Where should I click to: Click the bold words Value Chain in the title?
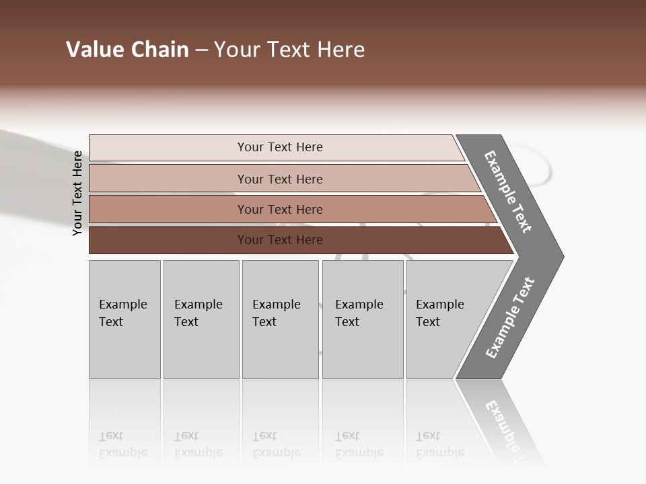click(x=127, y=50)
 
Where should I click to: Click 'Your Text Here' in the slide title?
click(x=289, y=50)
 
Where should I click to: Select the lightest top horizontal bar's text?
click(x=280, y=147)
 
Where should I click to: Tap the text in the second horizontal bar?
click(x=280, y=179)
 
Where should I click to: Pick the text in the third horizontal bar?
click(x=280, y=210)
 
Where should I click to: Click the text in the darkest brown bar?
click(x=280, y=240)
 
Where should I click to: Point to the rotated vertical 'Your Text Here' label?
click(x=77, y=193)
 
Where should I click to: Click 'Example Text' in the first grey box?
click(x=122, y=313)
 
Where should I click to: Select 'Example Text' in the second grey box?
click(x=198, y=313)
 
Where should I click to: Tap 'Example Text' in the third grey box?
click(x=276, y=313)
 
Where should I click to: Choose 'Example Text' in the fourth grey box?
click(x=359, y=313)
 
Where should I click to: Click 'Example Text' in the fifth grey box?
click(x=439, y=313)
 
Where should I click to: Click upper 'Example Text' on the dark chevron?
click(x=508, y=192)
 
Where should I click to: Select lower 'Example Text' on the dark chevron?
click(x=510, y=318)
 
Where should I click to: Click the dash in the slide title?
click(x=201, y=50)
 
